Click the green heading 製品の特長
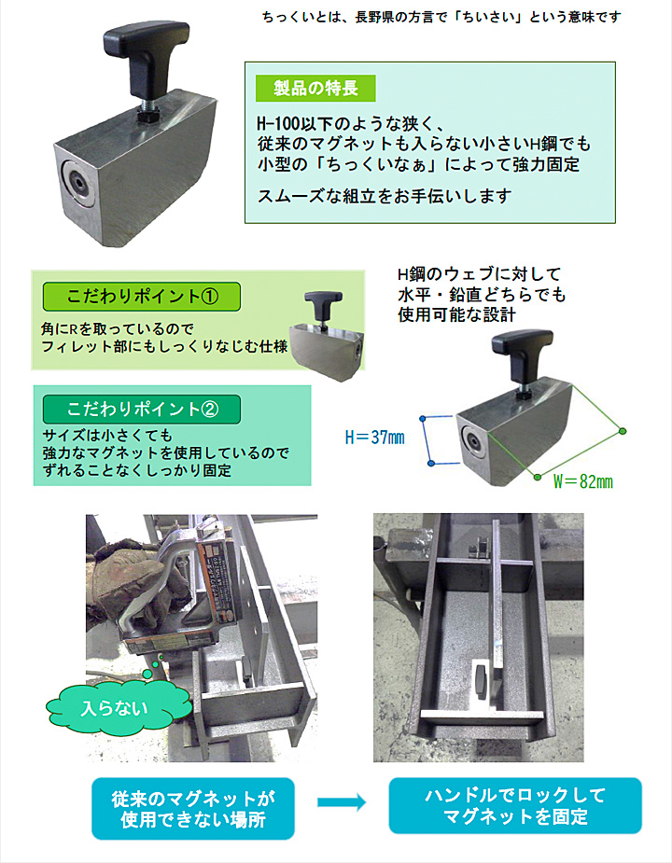tap(315, 88)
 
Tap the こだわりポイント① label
tap(142, 297)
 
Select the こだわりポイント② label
tap(142, 409)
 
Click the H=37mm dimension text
tap(375, 438)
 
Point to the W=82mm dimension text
tap(582, 481)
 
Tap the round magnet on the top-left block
tap(77, 182)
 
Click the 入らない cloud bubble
tap(115, 708)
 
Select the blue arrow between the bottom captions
tap(342, 802)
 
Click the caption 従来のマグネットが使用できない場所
tap(193, 809)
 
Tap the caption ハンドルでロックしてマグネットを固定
tap(515, 805)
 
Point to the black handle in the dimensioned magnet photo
tap(522, 356)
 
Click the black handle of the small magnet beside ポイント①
tap(323, 306)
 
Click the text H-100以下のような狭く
tap(351, 122)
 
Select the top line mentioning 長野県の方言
tap(441, 17)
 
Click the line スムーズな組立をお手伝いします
tap(385, 196)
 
